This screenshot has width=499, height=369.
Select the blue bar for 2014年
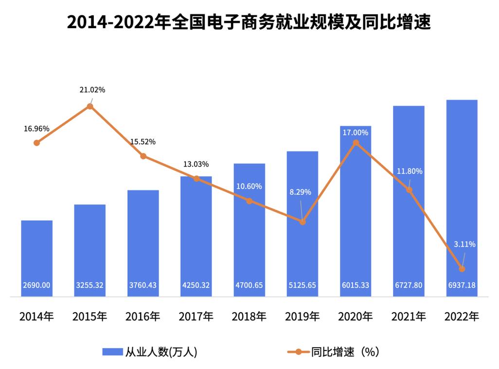click(36, 257)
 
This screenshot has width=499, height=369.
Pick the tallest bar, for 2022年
click(462, 194)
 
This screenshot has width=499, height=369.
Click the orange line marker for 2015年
click(90, 106)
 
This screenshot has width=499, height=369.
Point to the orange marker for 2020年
click(356, 143)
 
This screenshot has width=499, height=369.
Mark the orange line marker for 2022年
click(462, 268)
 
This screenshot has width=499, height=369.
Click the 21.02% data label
click(92, 90)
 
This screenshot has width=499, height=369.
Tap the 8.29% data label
click(300, 192)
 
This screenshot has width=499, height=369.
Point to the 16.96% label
click(36, 129)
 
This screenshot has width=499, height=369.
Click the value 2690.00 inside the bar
click(36, 285)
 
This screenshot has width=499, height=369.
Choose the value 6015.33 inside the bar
click(355, 285)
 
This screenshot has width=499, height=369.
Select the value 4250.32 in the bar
click(196, 285)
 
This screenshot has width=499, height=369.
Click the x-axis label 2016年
click(143, 317)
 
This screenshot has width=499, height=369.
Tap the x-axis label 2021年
click(409, 317)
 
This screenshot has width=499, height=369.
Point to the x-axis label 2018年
click(249, 317)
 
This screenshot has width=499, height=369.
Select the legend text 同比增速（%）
click(345, 352)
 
